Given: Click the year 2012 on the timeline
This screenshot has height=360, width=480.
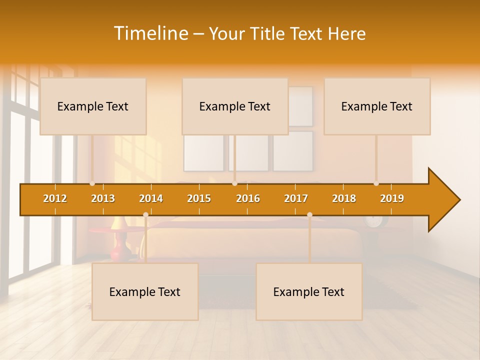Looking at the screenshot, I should point(55,198).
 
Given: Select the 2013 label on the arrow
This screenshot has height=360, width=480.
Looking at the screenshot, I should point(103,198).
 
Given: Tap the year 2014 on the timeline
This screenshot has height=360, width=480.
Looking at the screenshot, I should point(151,198).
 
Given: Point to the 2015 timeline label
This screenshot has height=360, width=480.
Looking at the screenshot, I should point(199,198).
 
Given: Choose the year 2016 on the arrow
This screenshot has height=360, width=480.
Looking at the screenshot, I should point(248,198).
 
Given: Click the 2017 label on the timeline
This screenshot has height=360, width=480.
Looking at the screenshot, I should point(296,198).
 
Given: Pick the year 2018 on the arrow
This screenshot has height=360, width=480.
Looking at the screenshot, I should point(344,198).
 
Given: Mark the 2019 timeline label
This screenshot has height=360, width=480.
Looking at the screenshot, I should point(392,198).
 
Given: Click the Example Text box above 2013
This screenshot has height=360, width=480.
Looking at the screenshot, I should point(93,106).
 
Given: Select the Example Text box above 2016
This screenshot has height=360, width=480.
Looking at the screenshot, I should point(235,106).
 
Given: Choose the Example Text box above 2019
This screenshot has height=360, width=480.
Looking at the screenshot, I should point(377,106).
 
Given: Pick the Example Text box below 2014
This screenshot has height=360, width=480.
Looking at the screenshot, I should point(145,292).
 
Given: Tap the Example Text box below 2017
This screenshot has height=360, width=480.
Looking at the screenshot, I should point(309,292).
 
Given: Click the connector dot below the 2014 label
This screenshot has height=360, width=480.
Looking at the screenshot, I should point(145,215).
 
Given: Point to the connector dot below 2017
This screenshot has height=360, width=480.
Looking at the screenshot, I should point(309,215).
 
